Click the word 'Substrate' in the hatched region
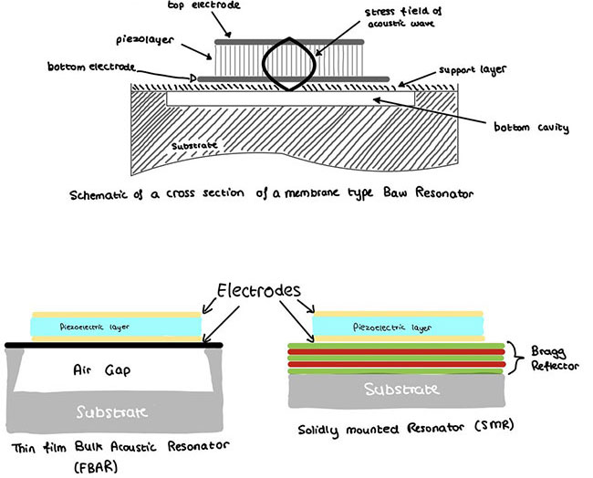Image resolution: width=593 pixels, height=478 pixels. click(x=193, y=146)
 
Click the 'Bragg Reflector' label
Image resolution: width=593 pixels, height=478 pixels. click(x=550, y=358)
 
